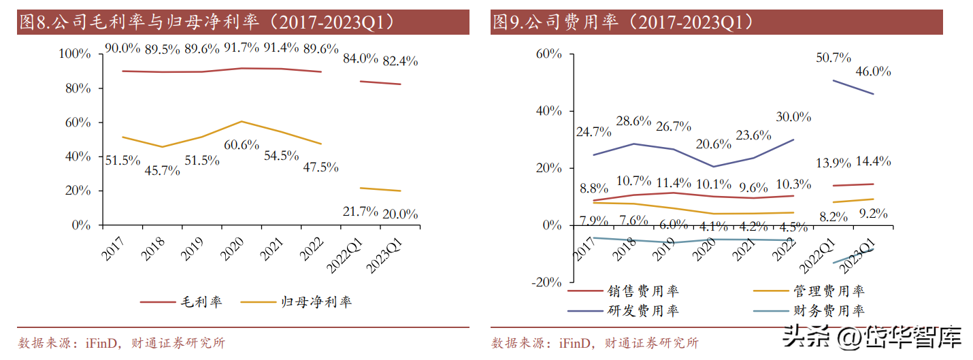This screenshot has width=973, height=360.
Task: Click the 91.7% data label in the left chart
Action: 240,48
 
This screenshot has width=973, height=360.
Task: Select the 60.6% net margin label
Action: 240,145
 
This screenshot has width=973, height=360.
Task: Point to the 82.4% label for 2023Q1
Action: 399,61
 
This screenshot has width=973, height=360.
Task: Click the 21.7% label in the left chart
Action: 360,211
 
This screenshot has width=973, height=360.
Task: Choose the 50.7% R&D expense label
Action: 834,59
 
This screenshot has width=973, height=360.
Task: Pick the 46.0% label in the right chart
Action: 874,71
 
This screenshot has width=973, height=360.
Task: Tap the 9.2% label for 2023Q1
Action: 874,213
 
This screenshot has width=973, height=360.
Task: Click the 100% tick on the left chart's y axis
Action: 75,54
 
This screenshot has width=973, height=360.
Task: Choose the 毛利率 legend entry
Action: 201,301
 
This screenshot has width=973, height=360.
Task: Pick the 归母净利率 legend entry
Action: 317,301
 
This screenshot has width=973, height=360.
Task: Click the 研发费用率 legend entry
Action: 643,311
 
